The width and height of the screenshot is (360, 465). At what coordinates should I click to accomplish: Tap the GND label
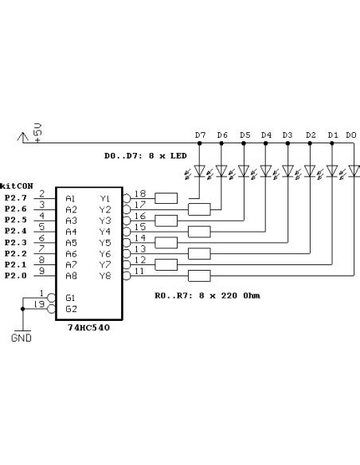[22, 338]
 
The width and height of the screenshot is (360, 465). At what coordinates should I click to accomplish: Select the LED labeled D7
[200, 170]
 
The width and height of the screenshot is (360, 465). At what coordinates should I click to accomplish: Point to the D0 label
[351, 135]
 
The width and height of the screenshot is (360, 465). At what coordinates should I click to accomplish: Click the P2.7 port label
[15, 197]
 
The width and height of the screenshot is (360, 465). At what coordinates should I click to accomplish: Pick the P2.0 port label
[15, 275]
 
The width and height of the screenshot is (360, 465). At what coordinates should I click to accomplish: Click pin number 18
[140, 193]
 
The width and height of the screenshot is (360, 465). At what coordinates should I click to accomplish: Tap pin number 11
[140, 272]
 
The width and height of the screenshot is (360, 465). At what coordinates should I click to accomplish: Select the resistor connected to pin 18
[166, 198]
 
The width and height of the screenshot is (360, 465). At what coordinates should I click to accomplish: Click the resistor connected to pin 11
[199, 276]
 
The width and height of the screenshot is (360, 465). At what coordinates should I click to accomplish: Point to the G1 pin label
[71, 298]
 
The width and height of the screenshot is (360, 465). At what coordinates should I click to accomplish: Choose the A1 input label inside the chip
[71, 198]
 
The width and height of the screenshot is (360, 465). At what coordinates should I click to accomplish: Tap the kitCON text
[17, 185]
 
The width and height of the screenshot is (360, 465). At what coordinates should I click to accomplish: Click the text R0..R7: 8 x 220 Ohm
[207, 295]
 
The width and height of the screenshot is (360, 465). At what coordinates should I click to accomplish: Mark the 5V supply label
[37, 130]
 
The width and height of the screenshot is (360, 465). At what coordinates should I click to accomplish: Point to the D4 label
[266, 135]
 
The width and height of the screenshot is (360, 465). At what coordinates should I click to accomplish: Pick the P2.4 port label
[15, 230]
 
